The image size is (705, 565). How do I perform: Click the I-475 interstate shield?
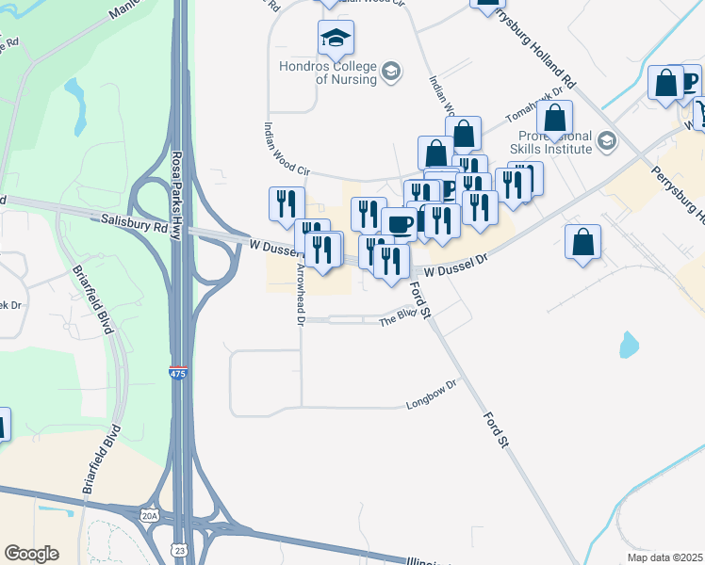pos(178,373)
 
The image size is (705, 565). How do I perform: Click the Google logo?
pos(31,554)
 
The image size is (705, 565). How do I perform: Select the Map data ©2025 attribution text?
pos(664,557)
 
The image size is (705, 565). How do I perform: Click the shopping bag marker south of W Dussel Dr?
pos(583,242)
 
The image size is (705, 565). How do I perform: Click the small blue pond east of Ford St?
pos(629,346)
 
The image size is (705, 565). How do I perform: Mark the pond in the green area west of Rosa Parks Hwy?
pos(74,91)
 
